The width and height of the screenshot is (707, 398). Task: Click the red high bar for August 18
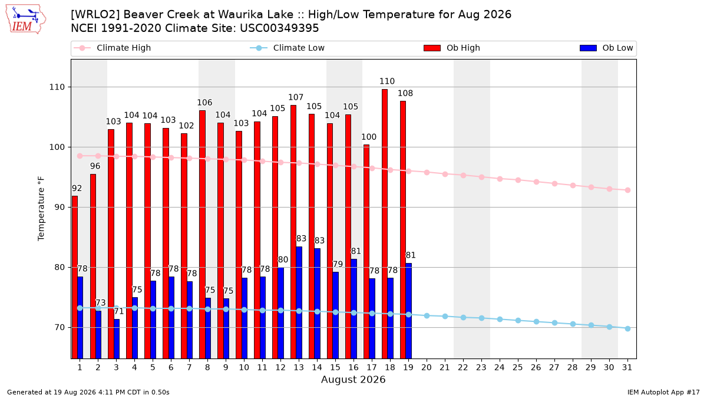pyautogui.click(x=385, y=223)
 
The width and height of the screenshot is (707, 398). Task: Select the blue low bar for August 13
pyautogui.click(x=299, y=302)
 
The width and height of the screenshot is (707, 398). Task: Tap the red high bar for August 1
pyautogui.click(x=75, y=277)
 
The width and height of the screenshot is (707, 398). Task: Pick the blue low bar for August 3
pyautogui.click(x=117, y=338)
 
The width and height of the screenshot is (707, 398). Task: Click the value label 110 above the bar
pyautogui.click(x=387, y=81)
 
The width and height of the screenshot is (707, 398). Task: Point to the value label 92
pyautogui.click(x=77, y=188)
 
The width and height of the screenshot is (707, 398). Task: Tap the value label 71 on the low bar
pyautogui.click(x=118, y=311)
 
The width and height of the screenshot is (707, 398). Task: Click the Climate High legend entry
pyautogui.click(x=112, y=48)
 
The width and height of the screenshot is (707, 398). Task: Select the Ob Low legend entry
pyautogui.click(x=606, y=48)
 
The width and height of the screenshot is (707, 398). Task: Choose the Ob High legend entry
pyautogui.click(x=452, y=48)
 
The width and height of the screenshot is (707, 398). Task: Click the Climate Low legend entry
pyautogui.click(x=288, y=48)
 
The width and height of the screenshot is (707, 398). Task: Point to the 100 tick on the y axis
pyautogui.click(x=57, y=147)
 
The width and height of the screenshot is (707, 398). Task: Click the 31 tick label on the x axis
pyautogui.click(x=627, y=367)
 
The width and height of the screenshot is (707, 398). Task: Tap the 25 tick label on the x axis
pyautogui.click(x=518, y=367)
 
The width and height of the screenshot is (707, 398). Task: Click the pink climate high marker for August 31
pyautogui.click(x=627, y=190)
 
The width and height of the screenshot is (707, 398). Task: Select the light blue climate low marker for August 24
pyautogui.click(x=500, y=320)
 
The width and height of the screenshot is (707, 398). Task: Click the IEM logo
pyautogui.click(x=25, y=19)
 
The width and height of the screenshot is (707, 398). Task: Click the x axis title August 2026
pyautogui.click(x=353, y=379)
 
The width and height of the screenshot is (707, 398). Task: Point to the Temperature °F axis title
pyautogui.click(x=41, y=209)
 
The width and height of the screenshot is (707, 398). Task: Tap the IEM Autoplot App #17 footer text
pyautogui.click(x=663, y=392)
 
